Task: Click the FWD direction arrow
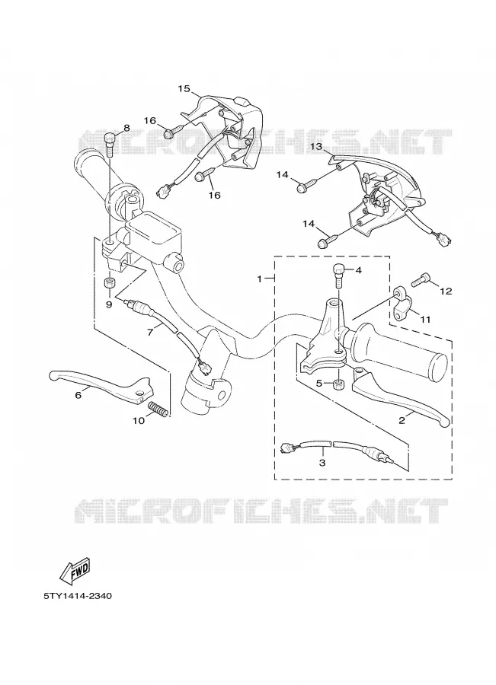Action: [75, 570]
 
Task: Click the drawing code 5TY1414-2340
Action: [78, 595]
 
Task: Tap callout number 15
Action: [184, 89]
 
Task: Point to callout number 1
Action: [259, 279]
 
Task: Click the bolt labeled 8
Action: [110, 145]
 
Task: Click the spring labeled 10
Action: [158, 409]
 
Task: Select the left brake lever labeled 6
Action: [101, 383]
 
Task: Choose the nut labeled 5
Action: [338, 384]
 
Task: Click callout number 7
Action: [150, 333]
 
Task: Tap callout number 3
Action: [322, 462]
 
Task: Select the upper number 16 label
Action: [150, 120]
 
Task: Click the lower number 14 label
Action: [309, 224]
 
